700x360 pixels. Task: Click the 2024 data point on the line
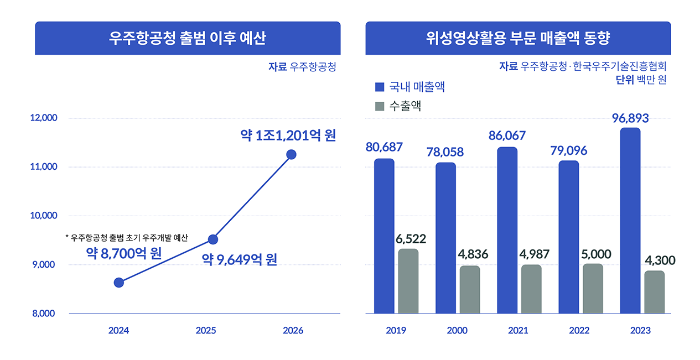(118, 283)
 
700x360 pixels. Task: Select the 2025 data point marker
(212, 239)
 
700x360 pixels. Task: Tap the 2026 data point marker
(291, 154)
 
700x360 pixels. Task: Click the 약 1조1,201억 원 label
(288, 135)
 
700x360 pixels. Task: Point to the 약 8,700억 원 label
(123, 254)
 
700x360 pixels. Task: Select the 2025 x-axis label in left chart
(206, 331)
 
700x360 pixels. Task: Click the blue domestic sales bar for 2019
(384, 236)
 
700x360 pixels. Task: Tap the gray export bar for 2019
(408, 281)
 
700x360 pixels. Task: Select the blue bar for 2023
(630, 221)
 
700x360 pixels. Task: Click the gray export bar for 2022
(593, 289)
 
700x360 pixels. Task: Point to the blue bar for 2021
(507, 230)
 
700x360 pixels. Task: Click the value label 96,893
(630, 118)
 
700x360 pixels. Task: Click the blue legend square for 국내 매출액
(380, 87)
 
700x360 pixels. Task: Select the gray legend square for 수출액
(380, 106)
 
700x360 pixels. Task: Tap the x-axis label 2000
(457, 331)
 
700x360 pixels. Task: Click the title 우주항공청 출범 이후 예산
(188, 38)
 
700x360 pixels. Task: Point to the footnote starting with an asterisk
(127, 238)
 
